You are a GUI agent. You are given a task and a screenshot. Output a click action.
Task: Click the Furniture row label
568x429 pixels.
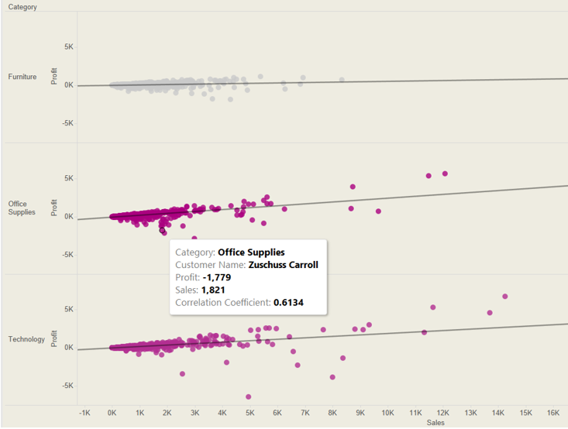tap(22, 77)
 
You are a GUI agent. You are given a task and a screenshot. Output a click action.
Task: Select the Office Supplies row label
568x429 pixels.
tap(22, 208)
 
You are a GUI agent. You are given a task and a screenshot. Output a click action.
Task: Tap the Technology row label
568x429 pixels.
tap(26, 339)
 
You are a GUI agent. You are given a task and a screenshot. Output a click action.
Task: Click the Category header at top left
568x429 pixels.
tap(22, 7)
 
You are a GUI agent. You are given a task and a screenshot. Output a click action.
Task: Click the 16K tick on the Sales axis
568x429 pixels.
tap(553, 413)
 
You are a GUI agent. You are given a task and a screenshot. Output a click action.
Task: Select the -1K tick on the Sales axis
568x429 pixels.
tap(84, 413)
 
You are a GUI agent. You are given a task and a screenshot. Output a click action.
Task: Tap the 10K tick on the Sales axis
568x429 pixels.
tap(387, 413)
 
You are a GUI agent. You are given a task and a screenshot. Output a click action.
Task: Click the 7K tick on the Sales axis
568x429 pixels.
tap(305, 413)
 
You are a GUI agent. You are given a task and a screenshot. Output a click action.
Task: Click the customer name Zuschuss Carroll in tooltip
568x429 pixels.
tap(283, 265)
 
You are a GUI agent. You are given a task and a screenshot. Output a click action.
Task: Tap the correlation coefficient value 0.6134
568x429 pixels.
tap(288, 302)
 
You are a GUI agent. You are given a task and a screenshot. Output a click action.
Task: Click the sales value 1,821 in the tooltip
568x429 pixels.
tap(215, 290)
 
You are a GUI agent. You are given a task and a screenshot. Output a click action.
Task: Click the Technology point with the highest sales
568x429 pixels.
tap(505, 297)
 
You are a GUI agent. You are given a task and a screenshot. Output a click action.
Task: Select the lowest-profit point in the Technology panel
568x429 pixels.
tap(249, 397)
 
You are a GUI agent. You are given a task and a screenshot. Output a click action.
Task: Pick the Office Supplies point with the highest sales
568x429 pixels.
tap(445, 173)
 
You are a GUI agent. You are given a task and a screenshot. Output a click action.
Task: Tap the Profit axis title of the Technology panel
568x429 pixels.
tap(54, 338)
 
